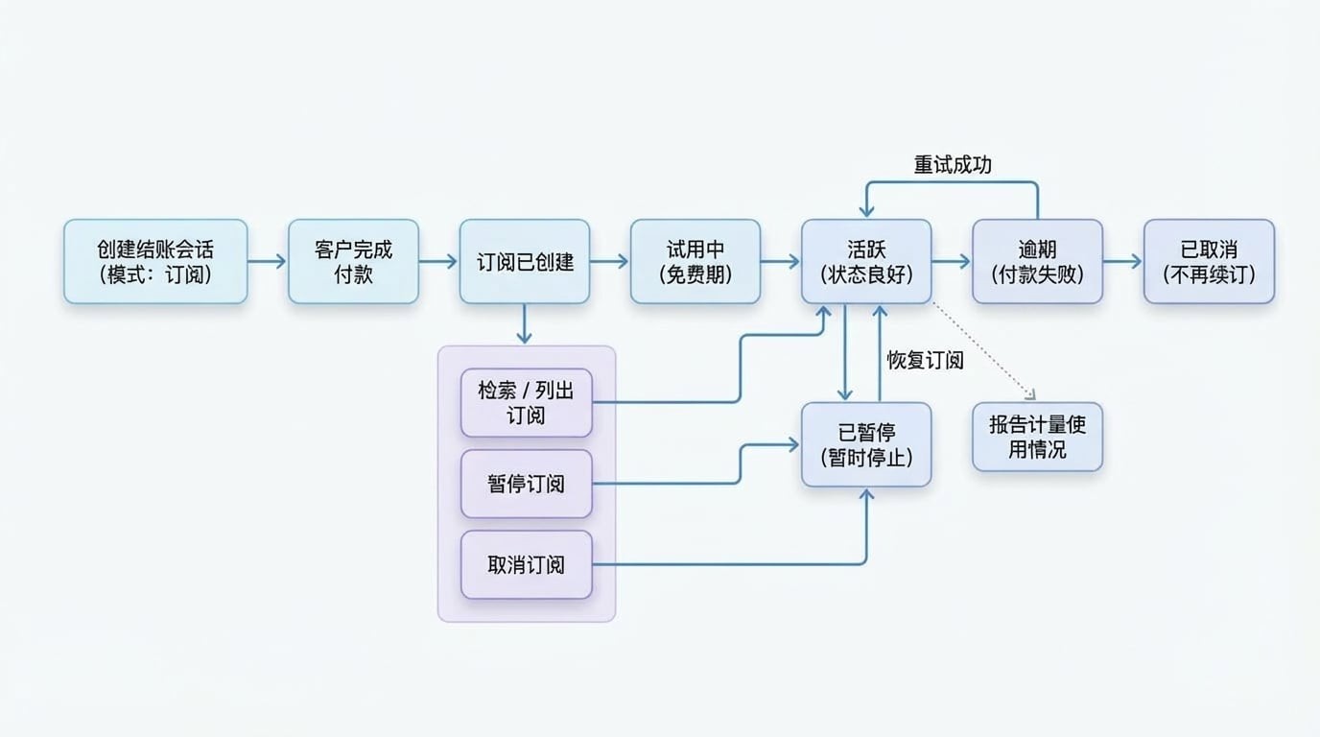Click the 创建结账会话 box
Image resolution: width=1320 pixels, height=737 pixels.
(155, 261)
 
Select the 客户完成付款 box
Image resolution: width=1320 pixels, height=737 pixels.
(353, 261)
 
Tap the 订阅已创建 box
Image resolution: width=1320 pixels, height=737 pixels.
(524, 261)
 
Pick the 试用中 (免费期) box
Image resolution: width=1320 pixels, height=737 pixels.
(695, 261)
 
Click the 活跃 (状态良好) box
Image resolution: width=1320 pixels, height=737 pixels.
(865, 261)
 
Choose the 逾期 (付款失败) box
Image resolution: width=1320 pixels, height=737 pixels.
(1037, 261)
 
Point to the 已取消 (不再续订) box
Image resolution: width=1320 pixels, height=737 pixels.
(1209, 261)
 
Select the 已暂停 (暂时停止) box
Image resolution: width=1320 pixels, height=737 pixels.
(865, 444)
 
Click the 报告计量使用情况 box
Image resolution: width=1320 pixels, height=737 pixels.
(1037, 437)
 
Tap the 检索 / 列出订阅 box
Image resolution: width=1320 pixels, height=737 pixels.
(526, 402)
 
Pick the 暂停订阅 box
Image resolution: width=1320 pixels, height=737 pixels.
(526, 484)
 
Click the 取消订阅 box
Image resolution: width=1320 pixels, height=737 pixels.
(526, 564)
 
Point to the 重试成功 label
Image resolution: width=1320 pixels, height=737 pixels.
(952, 165)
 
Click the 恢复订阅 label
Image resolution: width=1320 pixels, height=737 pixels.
(925, 361)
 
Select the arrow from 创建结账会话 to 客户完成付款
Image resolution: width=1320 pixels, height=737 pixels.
(268, 261)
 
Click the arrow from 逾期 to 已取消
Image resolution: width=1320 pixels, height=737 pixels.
(1122, 261)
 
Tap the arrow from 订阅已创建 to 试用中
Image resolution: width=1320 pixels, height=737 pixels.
(609, 261)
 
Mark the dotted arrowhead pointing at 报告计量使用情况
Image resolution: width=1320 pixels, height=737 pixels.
(1030, 393)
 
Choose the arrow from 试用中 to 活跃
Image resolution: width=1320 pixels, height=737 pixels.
(780, 261)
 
